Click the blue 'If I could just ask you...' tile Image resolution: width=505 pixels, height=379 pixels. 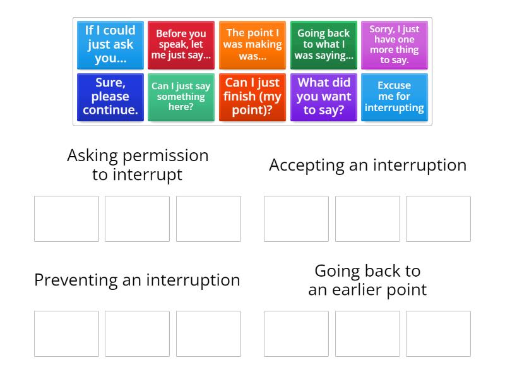[110, 45]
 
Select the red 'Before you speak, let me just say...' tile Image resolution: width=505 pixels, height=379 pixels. [181, 45]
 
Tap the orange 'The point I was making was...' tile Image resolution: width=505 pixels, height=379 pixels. [252, 45]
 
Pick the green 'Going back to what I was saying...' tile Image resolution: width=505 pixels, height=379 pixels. [324, 45]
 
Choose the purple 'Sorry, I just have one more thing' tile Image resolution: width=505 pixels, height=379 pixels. [395, 45]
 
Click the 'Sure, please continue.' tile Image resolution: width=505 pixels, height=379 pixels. [110, 97]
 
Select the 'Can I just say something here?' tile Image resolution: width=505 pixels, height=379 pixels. [181, 97]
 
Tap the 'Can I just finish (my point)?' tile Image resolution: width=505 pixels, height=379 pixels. [252, 97]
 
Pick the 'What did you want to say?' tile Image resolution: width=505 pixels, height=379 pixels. [324, 97]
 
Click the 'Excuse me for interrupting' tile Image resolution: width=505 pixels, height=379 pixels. [395, 97]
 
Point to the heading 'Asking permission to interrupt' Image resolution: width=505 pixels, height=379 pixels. [138, 165]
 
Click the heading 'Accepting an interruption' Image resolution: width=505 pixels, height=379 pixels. [367, 165]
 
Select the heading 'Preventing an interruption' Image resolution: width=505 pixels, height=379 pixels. [137, 280]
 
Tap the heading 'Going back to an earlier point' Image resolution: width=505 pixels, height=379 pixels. [367, 280]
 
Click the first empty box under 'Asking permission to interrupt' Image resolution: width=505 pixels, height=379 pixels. [66, 219]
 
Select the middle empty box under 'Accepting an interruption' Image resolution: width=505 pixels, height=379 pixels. [367, 219]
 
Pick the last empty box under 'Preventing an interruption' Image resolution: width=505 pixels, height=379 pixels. [208, 334]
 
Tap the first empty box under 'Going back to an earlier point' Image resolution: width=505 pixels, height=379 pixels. [296, 334]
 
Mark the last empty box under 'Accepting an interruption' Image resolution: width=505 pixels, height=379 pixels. [438, 219]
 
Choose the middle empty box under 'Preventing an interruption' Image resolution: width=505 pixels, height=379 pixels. [137, 334]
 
